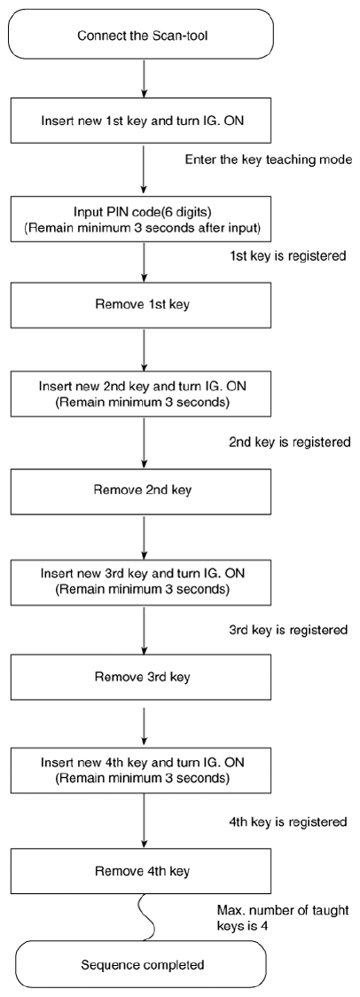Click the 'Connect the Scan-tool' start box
click(143, 35)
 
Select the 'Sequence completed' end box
click(143, 964)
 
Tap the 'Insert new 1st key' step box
click(143, 120)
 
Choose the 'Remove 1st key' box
click(143, 304)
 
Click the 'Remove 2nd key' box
click(143, 491)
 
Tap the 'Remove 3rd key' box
click(143, 677)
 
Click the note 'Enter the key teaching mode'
click(269, 161)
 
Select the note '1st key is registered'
click(287, 257)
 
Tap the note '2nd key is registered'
click(289, 442)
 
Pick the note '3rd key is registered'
click(288, 630)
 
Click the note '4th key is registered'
click(288, 822)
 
